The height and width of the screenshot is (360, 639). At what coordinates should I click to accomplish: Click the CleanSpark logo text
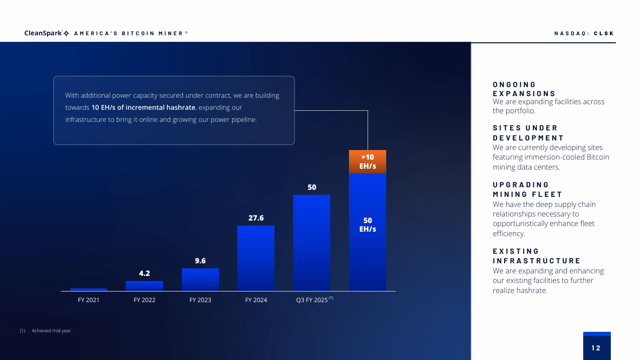43,33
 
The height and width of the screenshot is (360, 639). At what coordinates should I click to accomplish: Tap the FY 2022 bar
145,286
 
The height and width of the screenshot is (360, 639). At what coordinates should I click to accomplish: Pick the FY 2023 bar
200,279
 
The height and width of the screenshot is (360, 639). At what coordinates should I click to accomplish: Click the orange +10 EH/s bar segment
368,162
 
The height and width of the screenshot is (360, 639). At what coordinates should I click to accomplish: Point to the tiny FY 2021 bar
89,290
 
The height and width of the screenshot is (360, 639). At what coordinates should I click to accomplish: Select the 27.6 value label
256,218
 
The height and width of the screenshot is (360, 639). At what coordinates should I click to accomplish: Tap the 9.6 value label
200,261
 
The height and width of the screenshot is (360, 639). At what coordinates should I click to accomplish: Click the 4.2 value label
145,273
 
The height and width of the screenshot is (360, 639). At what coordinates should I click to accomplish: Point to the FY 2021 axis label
89,300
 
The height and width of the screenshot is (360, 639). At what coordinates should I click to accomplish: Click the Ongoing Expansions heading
524,89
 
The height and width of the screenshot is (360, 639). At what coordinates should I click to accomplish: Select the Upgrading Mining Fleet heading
527,189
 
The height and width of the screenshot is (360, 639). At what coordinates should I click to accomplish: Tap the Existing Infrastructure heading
536,256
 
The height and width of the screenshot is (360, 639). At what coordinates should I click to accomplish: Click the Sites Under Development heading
528,133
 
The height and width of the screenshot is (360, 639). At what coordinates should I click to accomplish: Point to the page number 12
596,348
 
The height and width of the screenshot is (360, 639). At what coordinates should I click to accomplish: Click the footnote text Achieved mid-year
51,331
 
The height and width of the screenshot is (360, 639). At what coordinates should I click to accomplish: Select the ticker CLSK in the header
604,34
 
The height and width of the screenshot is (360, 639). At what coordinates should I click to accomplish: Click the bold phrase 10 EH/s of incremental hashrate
143,108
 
